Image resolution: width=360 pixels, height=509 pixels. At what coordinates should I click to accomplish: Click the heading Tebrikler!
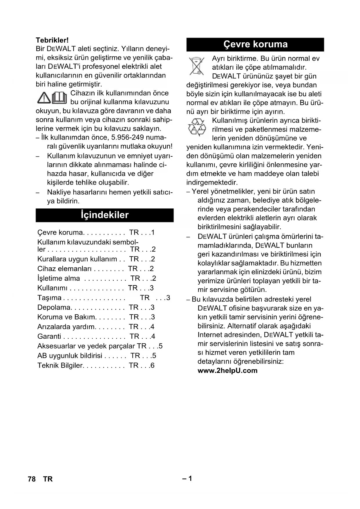(52, 40)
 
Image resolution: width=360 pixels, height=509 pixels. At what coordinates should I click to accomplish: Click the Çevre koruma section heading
(255, 44)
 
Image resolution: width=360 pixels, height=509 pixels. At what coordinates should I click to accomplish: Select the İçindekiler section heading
(104, 215)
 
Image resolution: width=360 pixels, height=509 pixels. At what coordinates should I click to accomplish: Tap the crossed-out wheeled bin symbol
(196, 66)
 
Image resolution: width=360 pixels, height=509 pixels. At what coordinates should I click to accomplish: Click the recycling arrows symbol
(197, 128)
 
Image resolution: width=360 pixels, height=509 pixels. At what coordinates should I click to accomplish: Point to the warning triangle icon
(44, 98)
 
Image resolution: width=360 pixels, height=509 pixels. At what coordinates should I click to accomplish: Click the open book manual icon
(60, 98)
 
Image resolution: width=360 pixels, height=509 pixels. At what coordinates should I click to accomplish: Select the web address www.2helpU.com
(227, 371)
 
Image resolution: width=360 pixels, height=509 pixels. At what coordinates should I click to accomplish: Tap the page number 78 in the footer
(32, 479)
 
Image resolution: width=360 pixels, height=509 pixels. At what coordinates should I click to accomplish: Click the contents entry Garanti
(49, 336)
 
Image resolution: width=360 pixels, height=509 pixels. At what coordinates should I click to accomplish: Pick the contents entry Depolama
(54, 307)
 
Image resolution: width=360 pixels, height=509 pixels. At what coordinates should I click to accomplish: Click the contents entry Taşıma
(49, 298)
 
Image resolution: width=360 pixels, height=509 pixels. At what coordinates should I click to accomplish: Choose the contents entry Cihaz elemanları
(64, 269)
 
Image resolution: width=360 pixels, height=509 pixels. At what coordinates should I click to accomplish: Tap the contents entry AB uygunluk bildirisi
(70, 356)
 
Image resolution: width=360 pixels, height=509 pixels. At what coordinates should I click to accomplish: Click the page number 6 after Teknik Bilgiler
(153, 365)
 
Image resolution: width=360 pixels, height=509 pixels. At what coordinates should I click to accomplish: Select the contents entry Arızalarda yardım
(66, 327)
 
